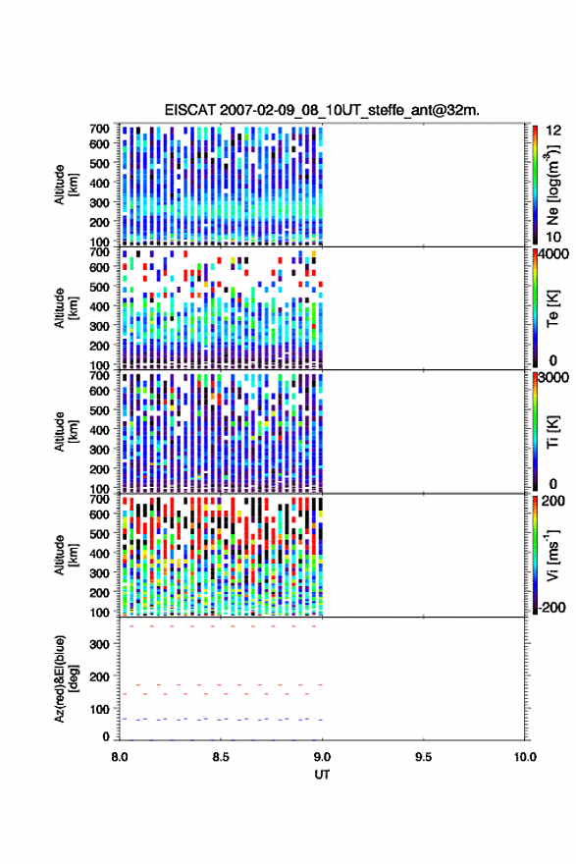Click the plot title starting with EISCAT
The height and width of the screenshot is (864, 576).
click(x=322, y=110)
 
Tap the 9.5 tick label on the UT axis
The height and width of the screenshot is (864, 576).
click(x=423, y=757)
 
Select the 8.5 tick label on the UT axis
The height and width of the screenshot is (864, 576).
click(x=220, y=757)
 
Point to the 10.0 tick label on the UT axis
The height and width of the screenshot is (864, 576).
click(x=525, y=757)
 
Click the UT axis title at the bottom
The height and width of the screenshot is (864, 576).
click(x=322, y=775)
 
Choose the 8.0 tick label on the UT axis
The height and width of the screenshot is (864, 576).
click(x=120, y=757)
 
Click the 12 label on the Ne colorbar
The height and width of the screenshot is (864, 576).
click(x=553, y=131)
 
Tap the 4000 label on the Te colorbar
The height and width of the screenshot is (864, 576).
click(x=553, y=254)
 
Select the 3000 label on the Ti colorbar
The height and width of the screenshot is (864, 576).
click(x=553, y=377)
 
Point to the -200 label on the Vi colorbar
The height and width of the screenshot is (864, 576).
click(x=552, y=607)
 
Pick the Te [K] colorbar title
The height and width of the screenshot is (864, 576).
click(x=552, y=309)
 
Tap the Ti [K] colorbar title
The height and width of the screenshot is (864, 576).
click(x=552, y=433)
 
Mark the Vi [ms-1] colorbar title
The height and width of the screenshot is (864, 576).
click(x=552, y=556)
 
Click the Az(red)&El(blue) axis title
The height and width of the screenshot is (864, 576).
click(x=65, y=678)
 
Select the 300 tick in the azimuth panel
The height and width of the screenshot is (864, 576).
click(x=100, y=644)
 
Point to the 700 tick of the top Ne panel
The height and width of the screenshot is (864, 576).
click(x=100, y=129)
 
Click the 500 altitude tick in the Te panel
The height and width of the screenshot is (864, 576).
click(x=100, y=287)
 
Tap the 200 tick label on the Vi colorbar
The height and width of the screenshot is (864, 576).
click(x=552, y=501)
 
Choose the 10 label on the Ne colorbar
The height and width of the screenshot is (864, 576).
click(x=553, y=237)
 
